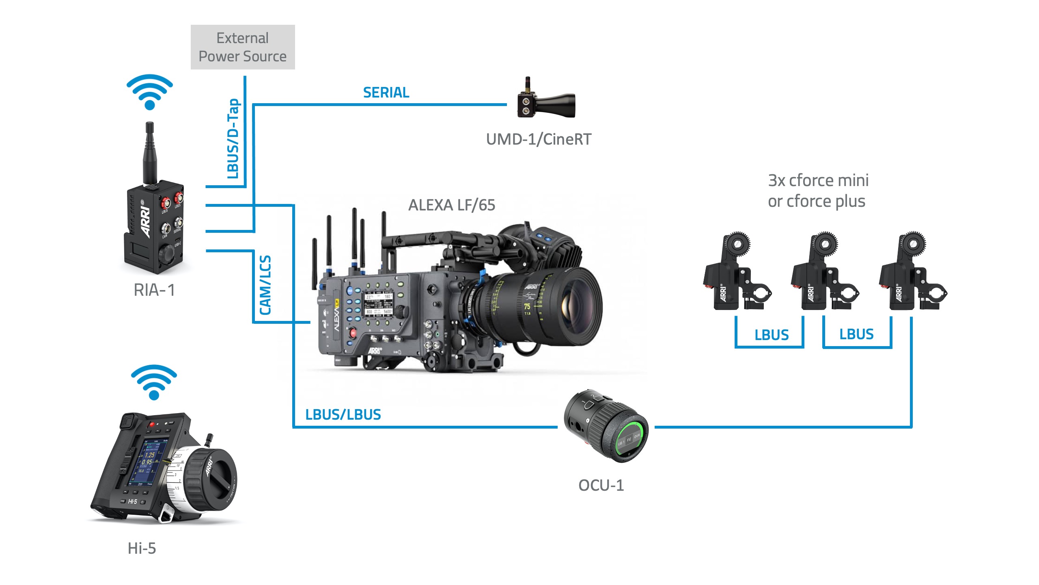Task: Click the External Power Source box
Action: coord(243,47)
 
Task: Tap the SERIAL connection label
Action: coord(386,93)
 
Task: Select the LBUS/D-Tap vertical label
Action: coord(233,139)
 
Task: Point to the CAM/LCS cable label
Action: coord(265,285)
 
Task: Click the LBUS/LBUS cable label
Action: coord(343,414)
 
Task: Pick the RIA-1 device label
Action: coord(154,290)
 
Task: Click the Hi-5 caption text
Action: coord(142,548)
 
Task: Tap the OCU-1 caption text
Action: coord(601,485)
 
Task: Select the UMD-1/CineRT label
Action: coord(539,139)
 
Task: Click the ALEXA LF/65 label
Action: coord(452,205)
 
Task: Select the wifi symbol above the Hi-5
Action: coord(154,381)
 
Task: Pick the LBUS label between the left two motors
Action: coord(771,335)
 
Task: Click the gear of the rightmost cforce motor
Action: coord(913,244)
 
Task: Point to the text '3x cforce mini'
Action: coord(818,180)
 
